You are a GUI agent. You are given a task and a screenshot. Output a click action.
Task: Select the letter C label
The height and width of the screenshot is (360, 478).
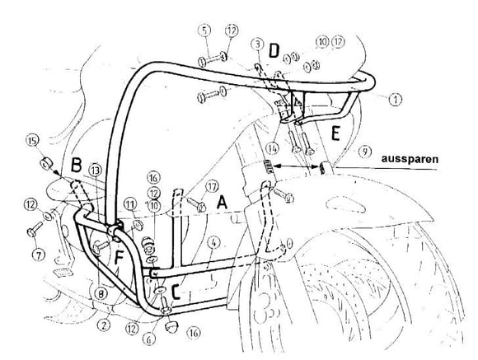click(177, 289)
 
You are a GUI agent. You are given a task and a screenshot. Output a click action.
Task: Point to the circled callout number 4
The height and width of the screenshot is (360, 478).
click(212, 242)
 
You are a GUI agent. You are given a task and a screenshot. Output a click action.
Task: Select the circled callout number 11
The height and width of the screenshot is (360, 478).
click(129, 203)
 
